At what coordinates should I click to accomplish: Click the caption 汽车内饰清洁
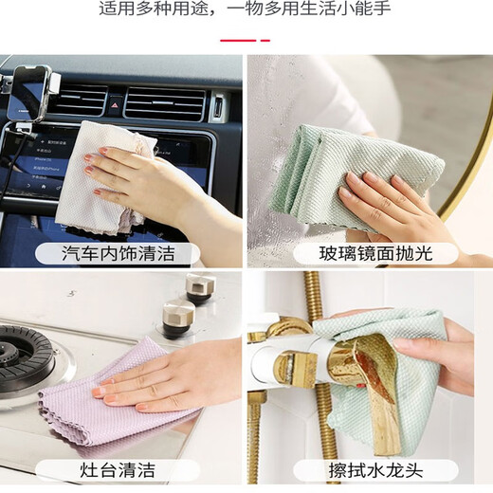(x=118, y=253)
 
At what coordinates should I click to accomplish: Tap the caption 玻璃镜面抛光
(x=375, y=253)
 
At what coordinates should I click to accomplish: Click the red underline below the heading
(x=246, y=40)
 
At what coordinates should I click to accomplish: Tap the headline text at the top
(x=246, y=10)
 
